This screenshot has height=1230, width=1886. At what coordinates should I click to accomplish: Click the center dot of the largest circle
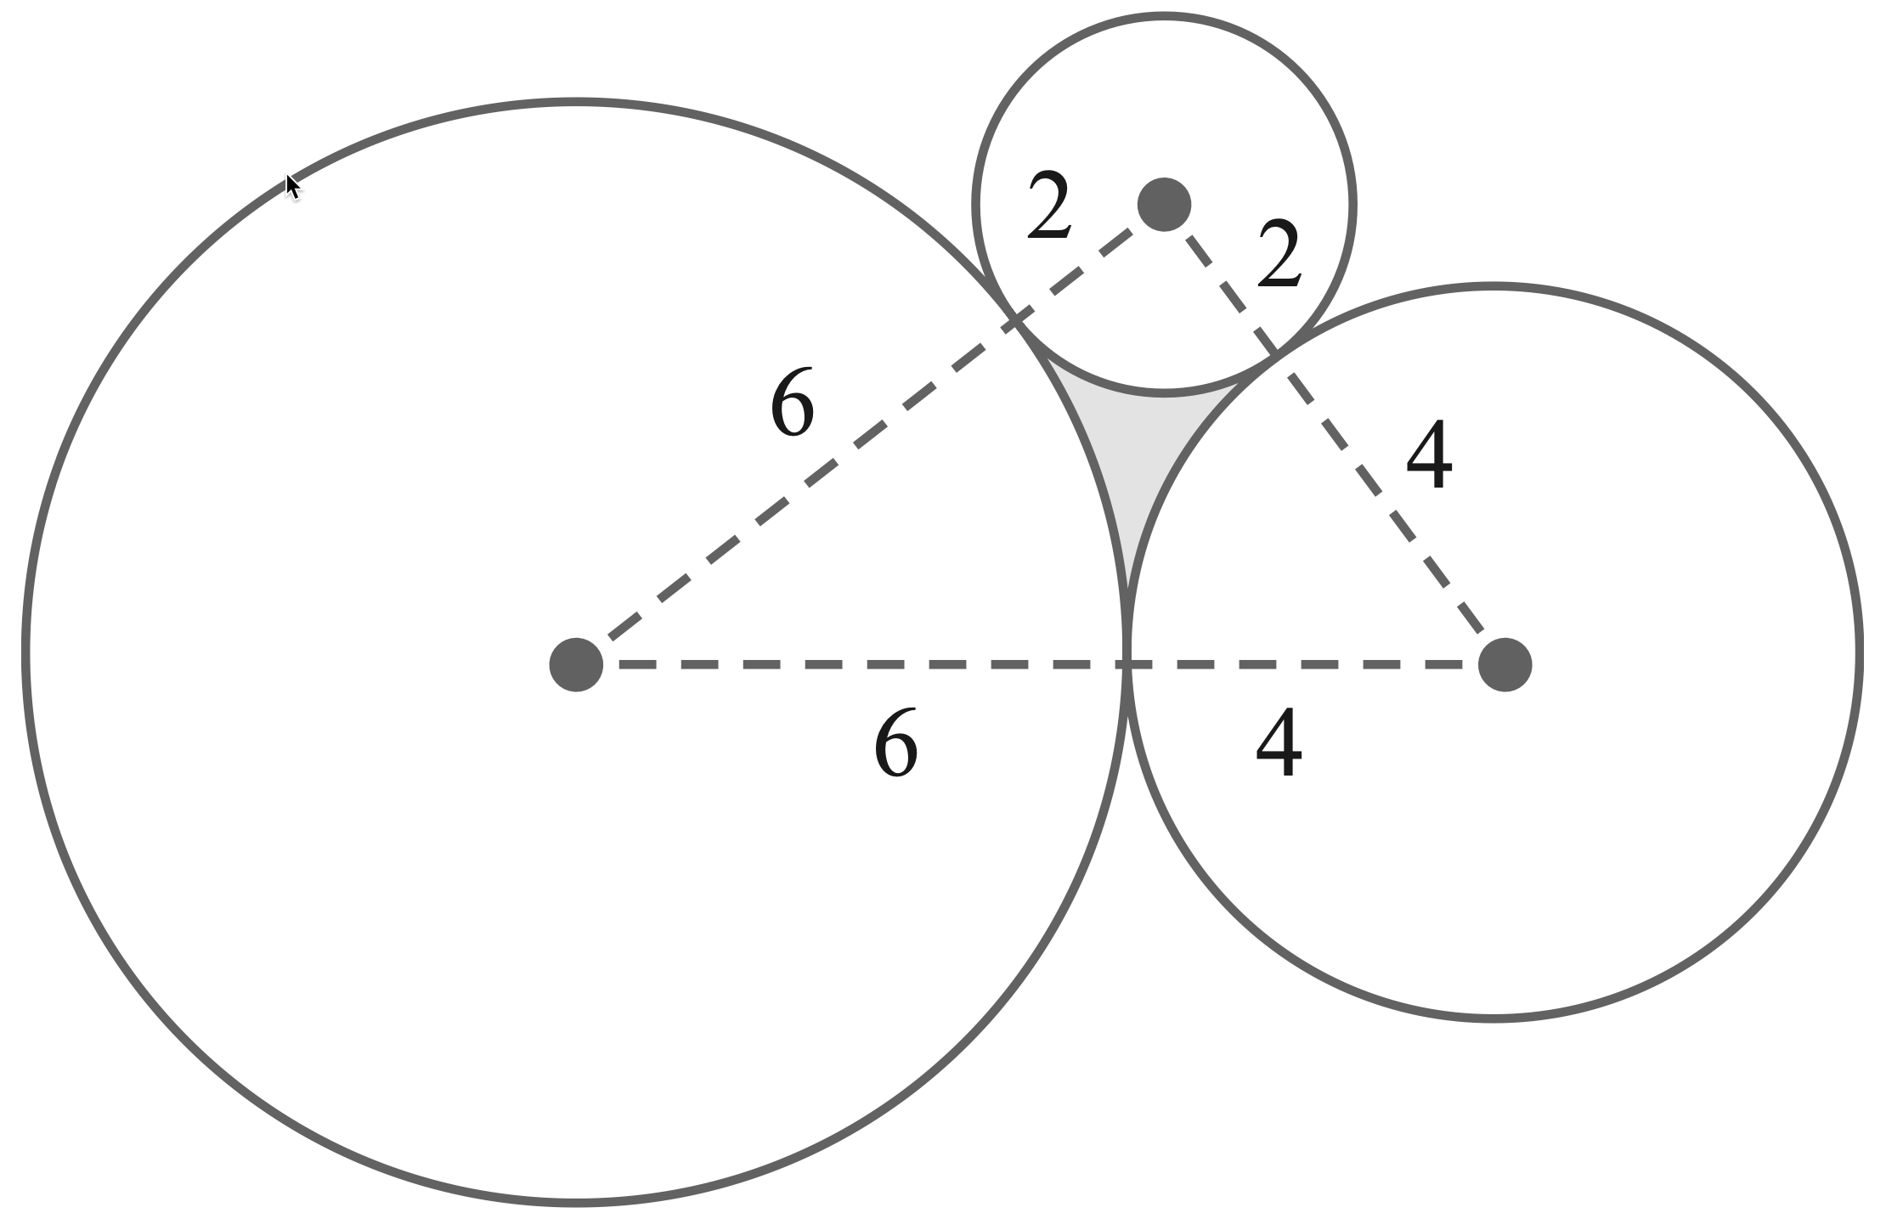(x=576, y=664)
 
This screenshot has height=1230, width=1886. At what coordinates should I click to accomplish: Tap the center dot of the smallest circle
(x=1164, y=204)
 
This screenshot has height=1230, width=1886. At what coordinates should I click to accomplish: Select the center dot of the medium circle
(x=1505, y=664)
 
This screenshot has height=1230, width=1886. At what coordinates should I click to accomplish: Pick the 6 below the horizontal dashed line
(x=895, y=743)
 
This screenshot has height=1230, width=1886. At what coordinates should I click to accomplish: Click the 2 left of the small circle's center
(x=1049, y=205)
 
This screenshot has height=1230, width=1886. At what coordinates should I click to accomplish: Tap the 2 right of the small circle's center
(x=1279, y=253)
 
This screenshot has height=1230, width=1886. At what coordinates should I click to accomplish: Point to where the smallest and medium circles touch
(x=1274, y=354)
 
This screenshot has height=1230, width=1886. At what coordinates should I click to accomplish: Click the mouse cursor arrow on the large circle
(x=291, y=185)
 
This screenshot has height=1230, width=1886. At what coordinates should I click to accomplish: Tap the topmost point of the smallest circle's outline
(x=1164, y=16)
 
